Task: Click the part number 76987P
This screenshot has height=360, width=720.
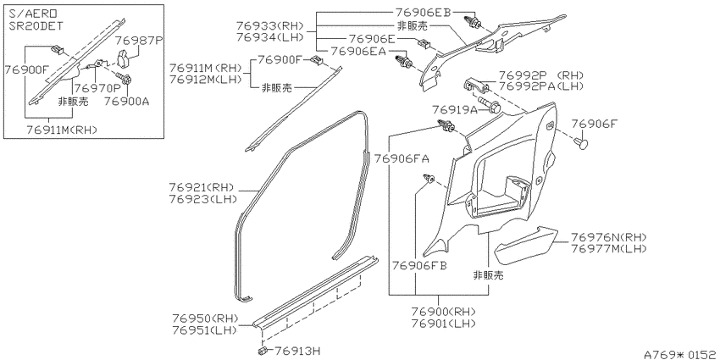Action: [139, 41]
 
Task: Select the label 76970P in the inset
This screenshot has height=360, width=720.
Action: [97, 87]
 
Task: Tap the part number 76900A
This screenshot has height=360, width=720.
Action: [127, 101]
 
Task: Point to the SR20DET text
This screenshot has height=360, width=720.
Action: [36, 25]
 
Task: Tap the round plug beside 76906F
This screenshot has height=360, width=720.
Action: [582, 143]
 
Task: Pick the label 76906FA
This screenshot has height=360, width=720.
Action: [402, 158]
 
